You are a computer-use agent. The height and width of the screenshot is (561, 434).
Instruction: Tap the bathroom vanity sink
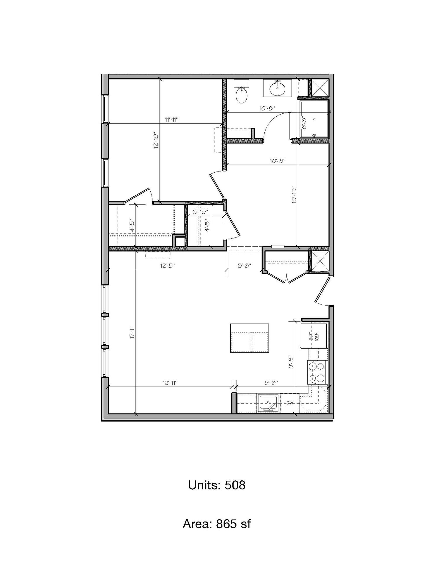point(277,88)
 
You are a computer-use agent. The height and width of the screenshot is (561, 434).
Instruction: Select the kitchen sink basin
point(268,403)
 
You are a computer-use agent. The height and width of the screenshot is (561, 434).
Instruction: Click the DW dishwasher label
point(290,403)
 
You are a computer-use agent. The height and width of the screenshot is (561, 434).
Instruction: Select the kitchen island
point(249,338)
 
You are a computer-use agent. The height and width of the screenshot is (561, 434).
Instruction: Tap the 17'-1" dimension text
point(132,333)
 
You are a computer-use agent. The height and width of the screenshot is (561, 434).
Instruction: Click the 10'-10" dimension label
point(294,195)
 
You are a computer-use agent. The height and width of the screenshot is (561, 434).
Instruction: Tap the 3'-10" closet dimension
point(200,212)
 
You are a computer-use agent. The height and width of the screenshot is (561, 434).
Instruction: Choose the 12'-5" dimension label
point(168,266)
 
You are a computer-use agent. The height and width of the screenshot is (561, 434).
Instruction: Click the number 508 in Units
point(235,485)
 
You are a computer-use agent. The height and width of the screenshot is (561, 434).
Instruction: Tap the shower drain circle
point(315,135)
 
